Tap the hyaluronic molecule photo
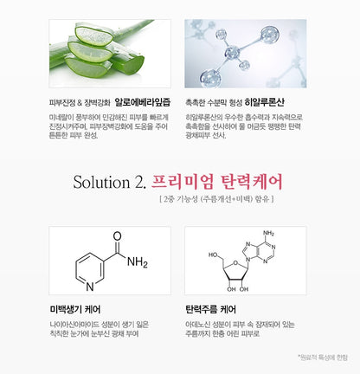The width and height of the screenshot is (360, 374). coord(245,53)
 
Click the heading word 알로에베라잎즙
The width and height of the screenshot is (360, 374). coord(142,100)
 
